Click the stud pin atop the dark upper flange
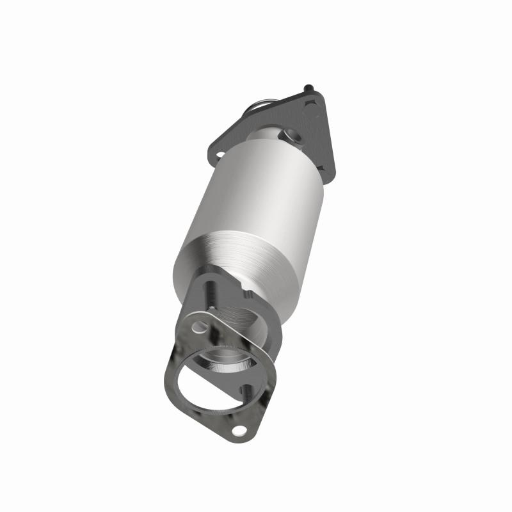coord(309,87)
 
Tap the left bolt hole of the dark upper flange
coord(219,154)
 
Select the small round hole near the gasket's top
coord(200,327)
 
